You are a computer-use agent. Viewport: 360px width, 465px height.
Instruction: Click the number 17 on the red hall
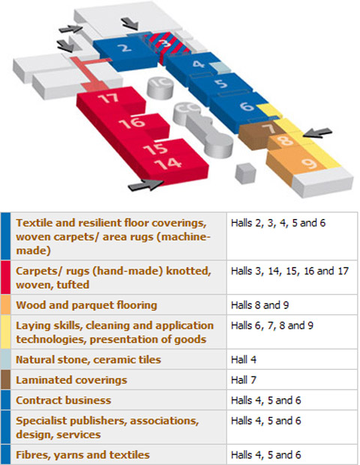pos(109,98)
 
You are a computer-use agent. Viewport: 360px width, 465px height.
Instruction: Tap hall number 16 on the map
pos(132,122)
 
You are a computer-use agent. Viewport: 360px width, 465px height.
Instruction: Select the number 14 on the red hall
pos(168,164)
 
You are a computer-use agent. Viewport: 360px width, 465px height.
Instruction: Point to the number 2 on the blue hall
pos(126,47)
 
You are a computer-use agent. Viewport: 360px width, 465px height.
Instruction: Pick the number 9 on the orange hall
pos(310,163)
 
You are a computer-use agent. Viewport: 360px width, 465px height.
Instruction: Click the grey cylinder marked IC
pos(160,88)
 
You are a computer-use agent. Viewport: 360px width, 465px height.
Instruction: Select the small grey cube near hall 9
pos(245,173)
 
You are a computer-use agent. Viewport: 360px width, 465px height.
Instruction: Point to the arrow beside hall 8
pos(317,133)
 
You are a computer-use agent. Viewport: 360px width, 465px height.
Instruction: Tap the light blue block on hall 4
pos(220,68)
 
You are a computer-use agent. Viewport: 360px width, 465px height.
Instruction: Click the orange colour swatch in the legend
pos(6,304)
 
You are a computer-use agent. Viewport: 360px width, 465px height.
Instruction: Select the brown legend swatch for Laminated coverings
pos(6,379)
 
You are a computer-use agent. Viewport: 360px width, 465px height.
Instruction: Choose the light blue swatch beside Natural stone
pos(6,359)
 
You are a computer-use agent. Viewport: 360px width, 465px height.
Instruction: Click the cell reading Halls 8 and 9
pos(260,305)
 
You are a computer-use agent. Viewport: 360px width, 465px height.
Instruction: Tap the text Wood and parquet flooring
pos(86,305)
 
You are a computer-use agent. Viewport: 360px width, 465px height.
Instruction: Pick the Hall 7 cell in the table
pos(244,380)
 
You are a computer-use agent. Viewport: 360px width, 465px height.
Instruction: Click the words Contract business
pos(64,400)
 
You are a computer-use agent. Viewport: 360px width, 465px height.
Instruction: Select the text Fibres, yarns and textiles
pos(82,455)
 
